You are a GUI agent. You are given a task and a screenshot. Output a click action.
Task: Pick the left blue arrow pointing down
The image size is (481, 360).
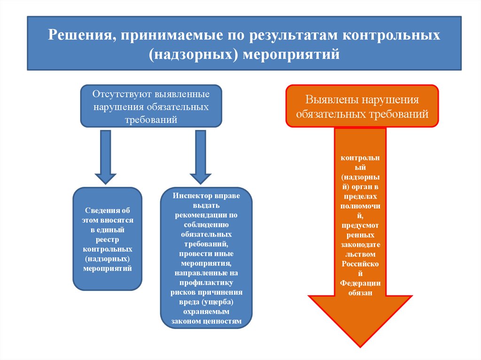[x=106, y=157]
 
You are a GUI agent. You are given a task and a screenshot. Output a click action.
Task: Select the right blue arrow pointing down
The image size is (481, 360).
[x=201, y=157]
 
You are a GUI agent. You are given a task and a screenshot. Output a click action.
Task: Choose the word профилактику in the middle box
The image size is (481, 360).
[x=206, y=283]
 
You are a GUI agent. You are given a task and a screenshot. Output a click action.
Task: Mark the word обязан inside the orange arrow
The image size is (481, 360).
[x=360, y=293]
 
